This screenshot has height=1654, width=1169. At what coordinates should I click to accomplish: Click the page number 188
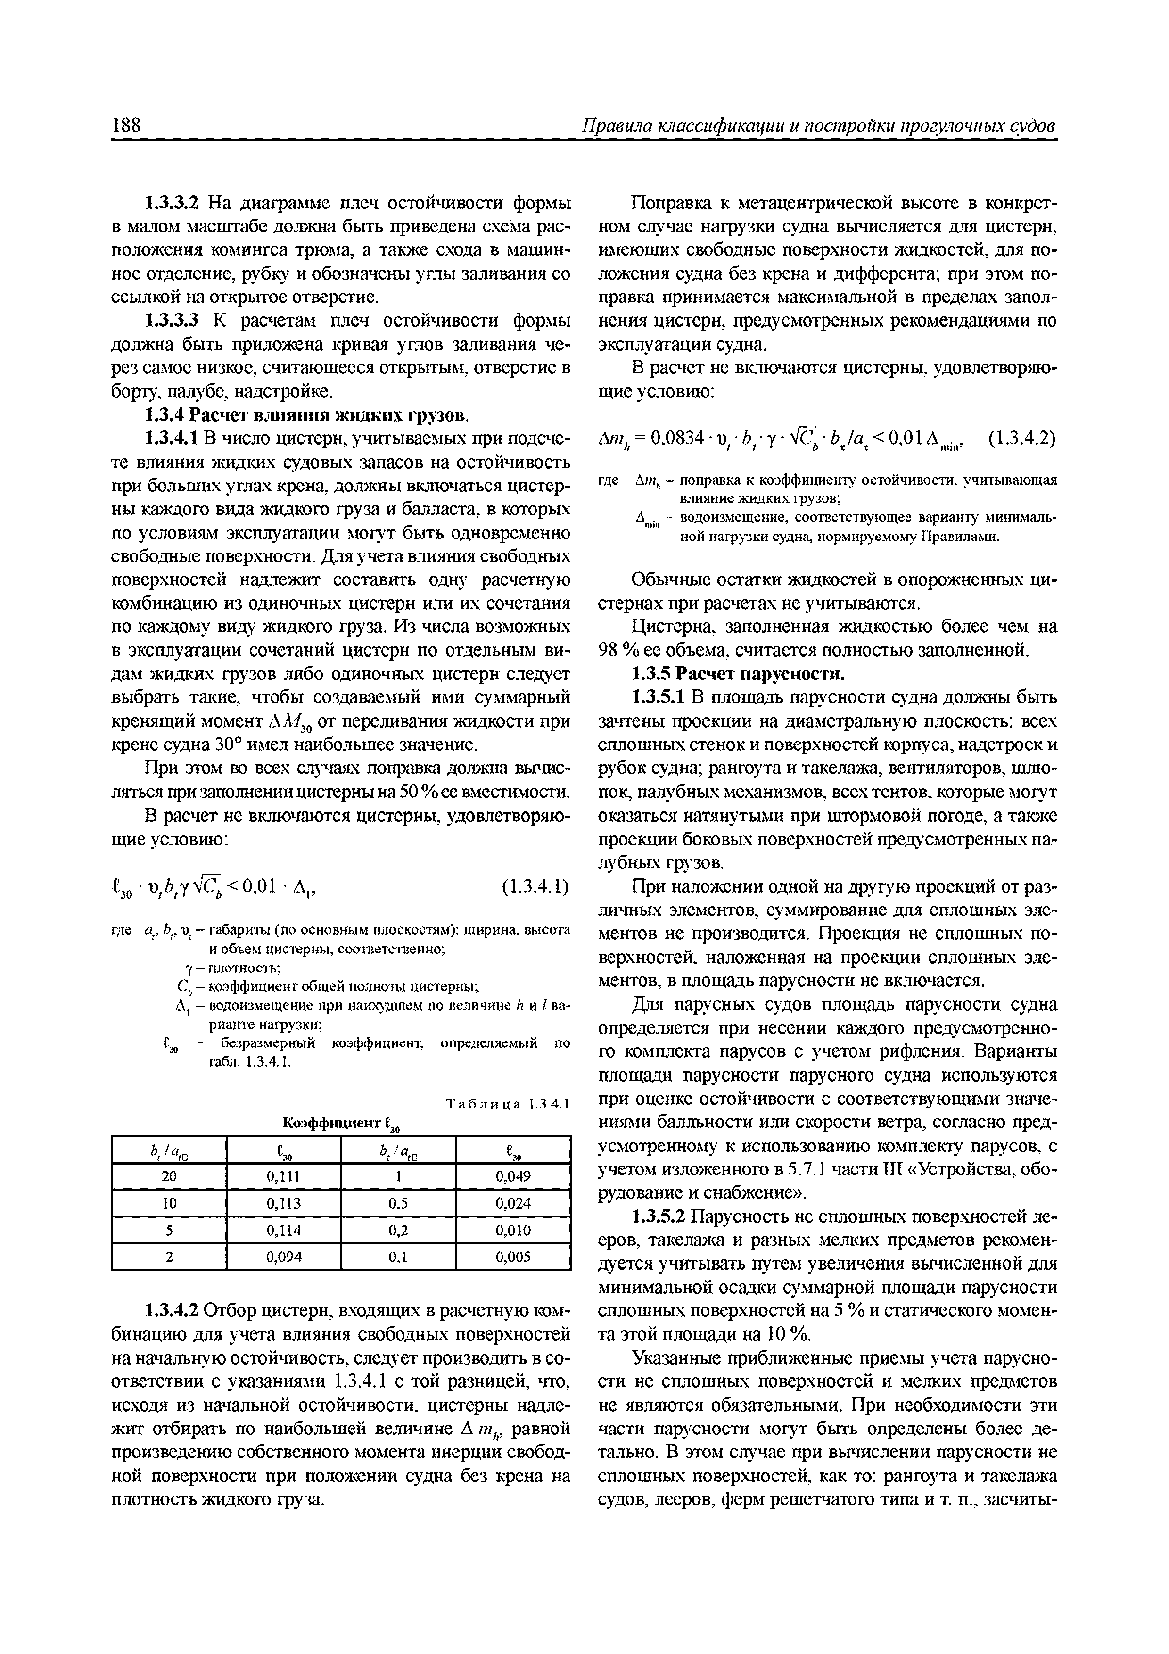tap(127, 125)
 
